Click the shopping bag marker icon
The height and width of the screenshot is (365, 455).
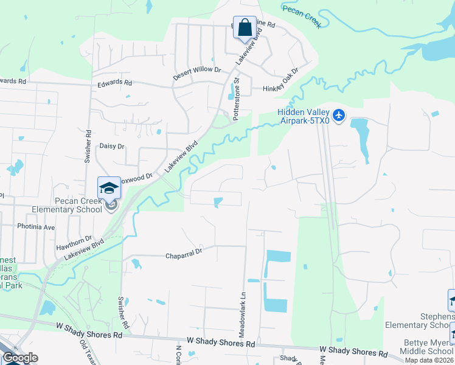click(245, 28)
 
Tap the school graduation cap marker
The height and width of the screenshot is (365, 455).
click(109, 188)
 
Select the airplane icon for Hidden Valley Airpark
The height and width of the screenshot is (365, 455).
click(339, 114)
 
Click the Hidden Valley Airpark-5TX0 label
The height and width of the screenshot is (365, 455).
click(303, 116)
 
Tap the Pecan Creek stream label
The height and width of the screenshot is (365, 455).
click(300, 15)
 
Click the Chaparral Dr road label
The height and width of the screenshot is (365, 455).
click(183, 257)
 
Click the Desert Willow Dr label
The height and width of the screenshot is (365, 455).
click(196, 70)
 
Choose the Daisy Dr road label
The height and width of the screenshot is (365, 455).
click(111, 146)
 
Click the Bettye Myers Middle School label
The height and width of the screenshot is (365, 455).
click(428, 346)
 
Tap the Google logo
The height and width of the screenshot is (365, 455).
click(20, 358)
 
